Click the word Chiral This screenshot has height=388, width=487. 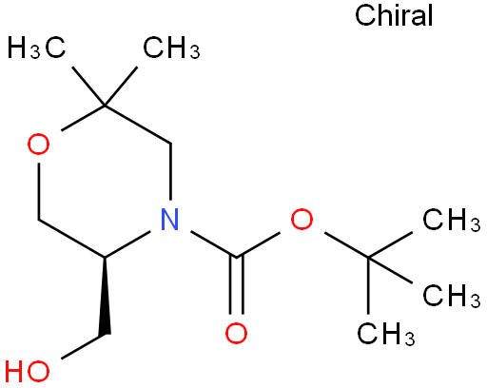click(x=394, y=15)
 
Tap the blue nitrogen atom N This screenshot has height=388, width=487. click(x=170, y=219)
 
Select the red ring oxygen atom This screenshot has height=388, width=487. click(x=38, y=145)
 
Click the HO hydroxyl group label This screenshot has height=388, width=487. click(x=28, y=371)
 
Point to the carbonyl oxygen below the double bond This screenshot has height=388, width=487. click(x=236, y=333)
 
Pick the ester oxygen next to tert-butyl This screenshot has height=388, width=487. click(x=302, y=219)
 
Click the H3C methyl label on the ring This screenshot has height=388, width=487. click(x=36, y=48)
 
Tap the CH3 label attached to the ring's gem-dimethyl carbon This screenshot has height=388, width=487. click(x=171, y=48)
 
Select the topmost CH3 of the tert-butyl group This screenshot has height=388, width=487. click(x=451, y=220)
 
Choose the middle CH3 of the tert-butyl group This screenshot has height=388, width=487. click(x=451, y=296)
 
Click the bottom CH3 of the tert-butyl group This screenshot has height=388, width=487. click(x=386, y=333)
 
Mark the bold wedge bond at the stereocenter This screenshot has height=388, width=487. click(x=105, y=296)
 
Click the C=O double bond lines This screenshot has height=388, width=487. click(x=236, y=285)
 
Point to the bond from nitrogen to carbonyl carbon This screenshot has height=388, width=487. click(x=213, y=244)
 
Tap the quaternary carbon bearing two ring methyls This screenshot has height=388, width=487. click(x=105, y=105)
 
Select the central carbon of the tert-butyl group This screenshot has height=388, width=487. click(x=368, y=258)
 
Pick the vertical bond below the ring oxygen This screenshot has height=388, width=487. click(x=38, y=191)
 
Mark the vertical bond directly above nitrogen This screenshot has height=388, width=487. click(x=170, y=171)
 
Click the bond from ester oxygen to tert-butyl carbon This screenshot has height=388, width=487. click(x=346, y=244)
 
